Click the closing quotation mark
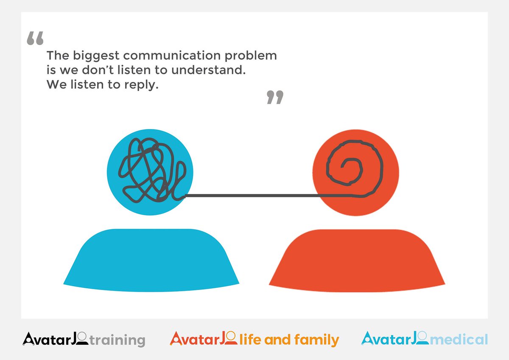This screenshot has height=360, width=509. pos(274,97)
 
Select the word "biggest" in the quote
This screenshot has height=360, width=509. pos(89,56)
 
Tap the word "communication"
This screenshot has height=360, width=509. pos(173,56)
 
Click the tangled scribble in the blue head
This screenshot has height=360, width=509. pos(146,170)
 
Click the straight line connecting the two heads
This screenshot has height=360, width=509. pos(255,196)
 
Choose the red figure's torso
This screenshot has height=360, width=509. pos(357,261)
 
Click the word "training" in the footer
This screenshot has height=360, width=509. pos(117,340)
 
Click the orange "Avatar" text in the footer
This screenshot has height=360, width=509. pos(195,339)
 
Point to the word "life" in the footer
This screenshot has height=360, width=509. pos(250,340)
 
